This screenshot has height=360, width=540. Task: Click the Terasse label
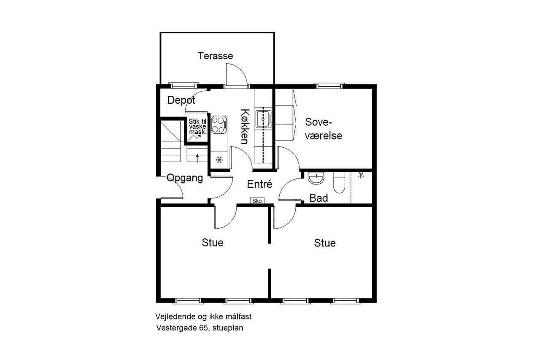215,56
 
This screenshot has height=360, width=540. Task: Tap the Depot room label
181,100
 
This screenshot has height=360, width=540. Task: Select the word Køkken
245,127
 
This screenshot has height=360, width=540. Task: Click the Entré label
259,184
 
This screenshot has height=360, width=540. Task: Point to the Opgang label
185,178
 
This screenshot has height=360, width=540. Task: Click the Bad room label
319,198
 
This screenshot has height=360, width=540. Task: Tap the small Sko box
257,201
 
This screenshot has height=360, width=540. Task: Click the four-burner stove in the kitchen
219,125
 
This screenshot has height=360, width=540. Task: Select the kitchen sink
263,119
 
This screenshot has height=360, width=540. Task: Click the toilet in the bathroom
339,182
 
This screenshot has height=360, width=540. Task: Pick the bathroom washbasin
316,178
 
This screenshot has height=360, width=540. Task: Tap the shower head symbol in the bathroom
361,175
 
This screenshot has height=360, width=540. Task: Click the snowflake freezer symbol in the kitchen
219,160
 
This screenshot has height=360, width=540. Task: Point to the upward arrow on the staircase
198,158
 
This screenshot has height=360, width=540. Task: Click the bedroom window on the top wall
329,86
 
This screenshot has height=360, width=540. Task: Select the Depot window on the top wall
184,86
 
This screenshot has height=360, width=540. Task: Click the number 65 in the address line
203,328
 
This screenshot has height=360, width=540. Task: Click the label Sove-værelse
323,129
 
